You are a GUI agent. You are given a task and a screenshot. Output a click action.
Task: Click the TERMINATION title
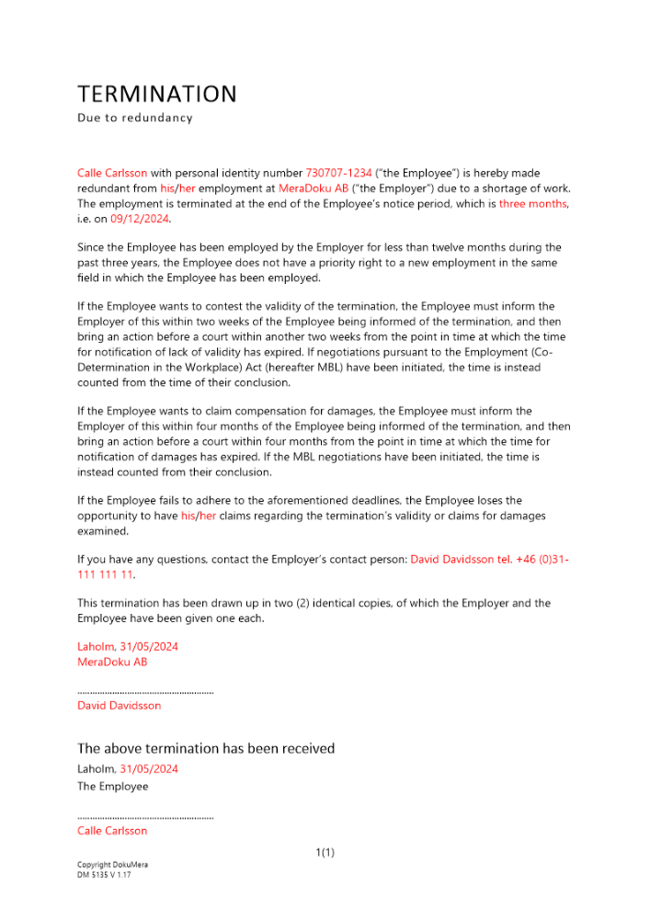(x=157, y=94)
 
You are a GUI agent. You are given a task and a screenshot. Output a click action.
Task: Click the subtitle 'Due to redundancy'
(x=135, y=119)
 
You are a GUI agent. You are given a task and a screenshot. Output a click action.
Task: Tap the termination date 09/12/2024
(x=141, y=219)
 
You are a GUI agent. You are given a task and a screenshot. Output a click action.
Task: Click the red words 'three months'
(x=533, y=203)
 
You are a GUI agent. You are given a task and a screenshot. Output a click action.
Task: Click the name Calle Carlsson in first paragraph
(x=112, y=173)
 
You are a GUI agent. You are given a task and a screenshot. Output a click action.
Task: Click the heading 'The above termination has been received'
(x=206, y=748)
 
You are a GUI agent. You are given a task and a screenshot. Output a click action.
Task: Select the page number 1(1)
(x=325, y=853)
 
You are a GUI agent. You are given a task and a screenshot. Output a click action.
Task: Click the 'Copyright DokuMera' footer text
(x=112, y=865)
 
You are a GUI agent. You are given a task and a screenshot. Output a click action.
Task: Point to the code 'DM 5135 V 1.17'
(x=105, y=875)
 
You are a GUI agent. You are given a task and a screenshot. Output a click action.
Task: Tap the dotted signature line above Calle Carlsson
(x=145, y=817)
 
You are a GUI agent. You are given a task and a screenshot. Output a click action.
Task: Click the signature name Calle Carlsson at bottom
(x=112, y=831)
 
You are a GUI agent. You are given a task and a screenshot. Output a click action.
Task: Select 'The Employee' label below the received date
(x=112, y=787)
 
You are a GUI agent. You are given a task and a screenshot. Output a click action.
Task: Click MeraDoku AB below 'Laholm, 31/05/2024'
(x=112, y=662)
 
